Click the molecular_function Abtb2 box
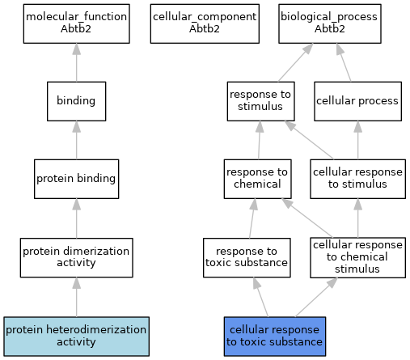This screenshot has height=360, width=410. [x=77, y=23]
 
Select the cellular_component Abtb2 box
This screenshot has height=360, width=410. [x=205, y=23]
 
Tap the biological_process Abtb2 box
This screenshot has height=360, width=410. [x=330, y=23]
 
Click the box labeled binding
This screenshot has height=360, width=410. [x=77, y=101]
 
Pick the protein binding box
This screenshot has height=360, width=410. [x=77, y=179]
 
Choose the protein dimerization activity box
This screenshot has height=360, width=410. [x=77, y=257]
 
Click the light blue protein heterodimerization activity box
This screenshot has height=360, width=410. [x=77, y=337]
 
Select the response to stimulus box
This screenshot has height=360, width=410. [x=260, y=101]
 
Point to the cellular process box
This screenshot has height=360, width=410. [x=357, y=101]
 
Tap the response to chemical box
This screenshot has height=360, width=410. [x=257, y=179]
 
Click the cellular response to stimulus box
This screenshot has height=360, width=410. [x=357, y=179]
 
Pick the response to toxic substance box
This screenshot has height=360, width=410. [x=247, y=257]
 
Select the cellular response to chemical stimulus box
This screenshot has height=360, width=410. [x=357, y=257]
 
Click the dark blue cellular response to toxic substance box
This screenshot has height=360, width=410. [x=275, y=337]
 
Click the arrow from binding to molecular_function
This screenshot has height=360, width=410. [x=77, y=62]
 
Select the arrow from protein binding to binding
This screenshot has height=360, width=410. [x=77, y=140]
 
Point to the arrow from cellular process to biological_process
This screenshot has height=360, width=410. [x=344, y=62]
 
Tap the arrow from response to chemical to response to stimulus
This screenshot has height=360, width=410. [x=260, y=140]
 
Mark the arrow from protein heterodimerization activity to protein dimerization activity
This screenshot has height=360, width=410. [x=77, y=297]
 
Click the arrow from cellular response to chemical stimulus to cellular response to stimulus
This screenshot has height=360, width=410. [x=357, y=218]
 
